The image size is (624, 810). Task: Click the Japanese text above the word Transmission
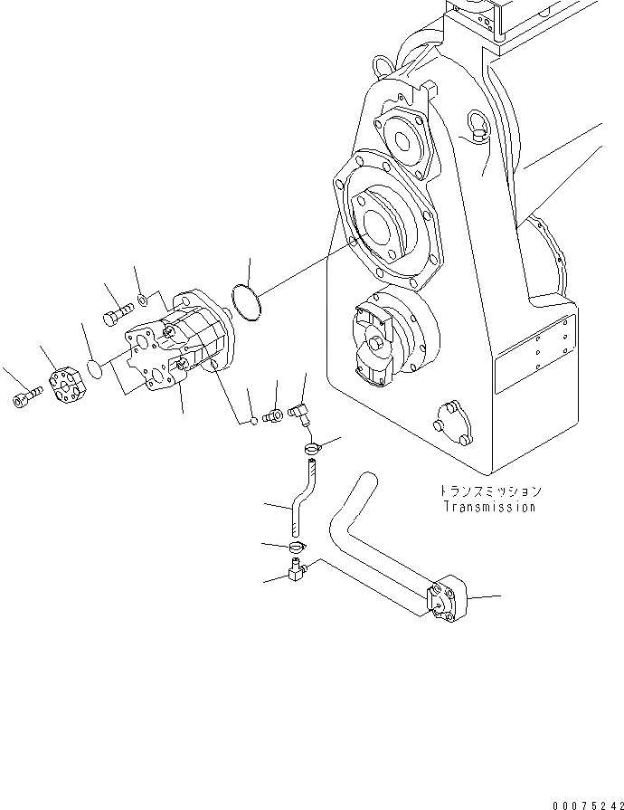click(x=489, y=491)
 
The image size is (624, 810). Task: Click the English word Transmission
click(x=489, y=507)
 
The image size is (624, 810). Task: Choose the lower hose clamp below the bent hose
click(x=296, y=547)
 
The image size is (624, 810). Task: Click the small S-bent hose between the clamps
click(x=300, y=499)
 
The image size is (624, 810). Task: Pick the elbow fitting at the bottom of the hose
click(x=297, y=570)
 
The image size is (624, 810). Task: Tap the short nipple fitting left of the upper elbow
click(x=270, y=415)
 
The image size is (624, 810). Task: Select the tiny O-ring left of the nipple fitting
click(x=251, y=418)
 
